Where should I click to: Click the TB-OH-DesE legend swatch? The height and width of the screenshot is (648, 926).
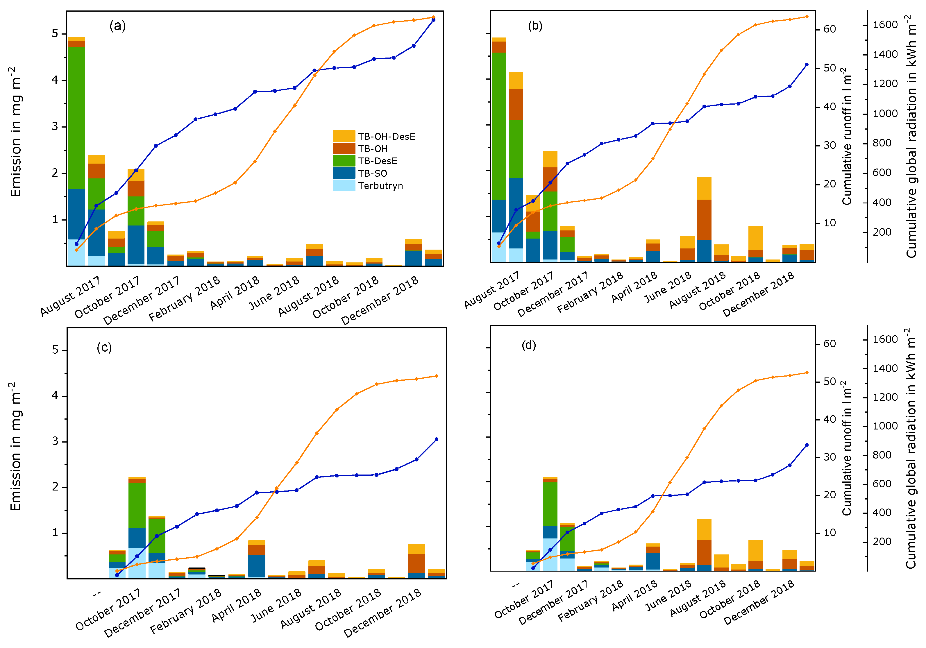(x=344, y=136)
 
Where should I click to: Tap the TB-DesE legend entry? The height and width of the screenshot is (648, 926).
(x=378, y=161)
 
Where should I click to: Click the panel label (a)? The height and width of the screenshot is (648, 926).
(x=117, y=26)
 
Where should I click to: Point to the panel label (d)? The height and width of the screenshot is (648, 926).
(x=529, y=345)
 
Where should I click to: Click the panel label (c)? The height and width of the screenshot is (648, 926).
(x=104, y=348)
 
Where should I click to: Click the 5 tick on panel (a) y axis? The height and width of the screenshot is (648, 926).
(x=55, y=33)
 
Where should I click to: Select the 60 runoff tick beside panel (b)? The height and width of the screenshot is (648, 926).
(x=830, y=29)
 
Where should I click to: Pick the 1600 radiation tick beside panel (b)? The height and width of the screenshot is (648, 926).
(x=885, y=25)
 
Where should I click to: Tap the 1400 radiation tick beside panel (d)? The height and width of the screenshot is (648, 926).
(x=885, y=368)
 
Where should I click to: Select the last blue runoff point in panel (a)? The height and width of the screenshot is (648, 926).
(x=434, y=20)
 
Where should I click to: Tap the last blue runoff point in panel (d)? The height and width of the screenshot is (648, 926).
(x=807, y=445)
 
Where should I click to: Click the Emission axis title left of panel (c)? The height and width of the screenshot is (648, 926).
(x=15, y=447)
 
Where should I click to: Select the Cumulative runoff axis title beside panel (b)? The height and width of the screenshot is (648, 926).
(x=847, y=136)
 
